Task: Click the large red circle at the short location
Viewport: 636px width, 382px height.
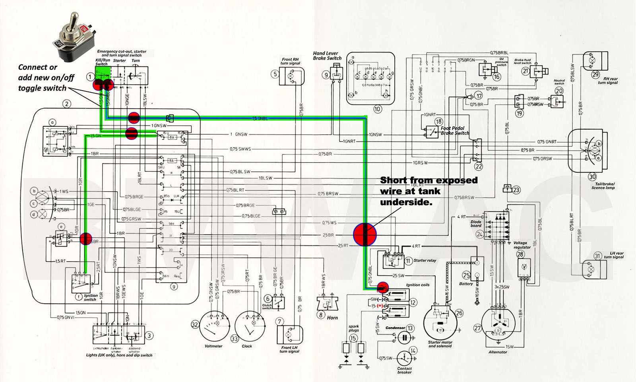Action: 365,234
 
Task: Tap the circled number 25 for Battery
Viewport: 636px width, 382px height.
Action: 466,275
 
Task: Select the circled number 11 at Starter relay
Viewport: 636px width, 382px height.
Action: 408,261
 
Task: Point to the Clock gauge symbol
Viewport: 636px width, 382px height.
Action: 250,327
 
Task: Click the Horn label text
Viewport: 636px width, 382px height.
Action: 332,318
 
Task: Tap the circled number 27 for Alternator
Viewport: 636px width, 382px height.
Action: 477,328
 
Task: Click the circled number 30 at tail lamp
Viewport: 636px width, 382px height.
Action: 592,177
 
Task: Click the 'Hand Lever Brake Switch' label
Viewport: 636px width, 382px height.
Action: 327,56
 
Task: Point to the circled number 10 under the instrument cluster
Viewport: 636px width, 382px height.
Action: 377,109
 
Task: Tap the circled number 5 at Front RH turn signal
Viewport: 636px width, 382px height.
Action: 275,74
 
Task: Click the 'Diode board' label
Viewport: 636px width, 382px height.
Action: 476,224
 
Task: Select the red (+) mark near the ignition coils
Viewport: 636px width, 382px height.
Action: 380,306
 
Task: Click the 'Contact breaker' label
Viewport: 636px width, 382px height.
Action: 404,370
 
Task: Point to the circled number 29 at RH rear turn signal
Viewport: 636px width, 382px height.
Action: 595,74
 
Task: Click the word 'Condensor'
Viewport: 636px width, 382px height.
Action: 395,328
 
